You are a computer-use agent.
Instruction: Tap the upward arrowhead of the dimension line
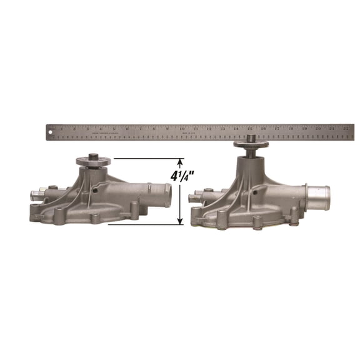[181, 161]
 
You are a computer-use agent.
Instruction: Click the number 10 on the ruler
[181, 128]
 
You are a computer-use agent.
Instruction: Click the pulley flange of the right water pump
[250, 146]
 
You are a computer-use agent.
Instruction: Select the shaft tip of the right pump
[250, 138]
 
